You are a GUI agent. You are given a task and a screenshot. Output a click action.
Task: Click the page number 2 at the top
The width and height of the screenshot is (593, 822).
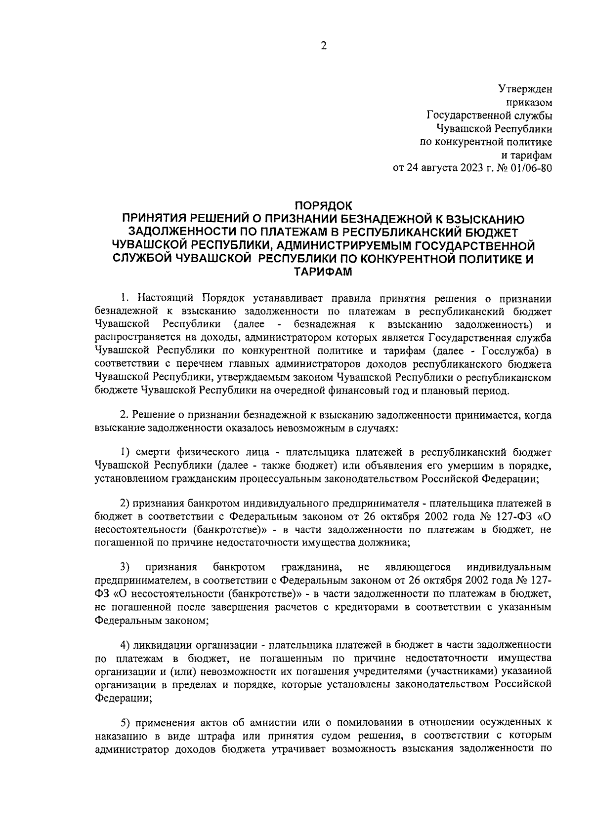pos(324,46)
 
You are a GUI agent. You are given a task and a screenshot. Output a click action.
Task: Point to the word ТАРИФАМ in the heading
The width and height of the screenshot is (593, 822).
pos(324,271)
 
